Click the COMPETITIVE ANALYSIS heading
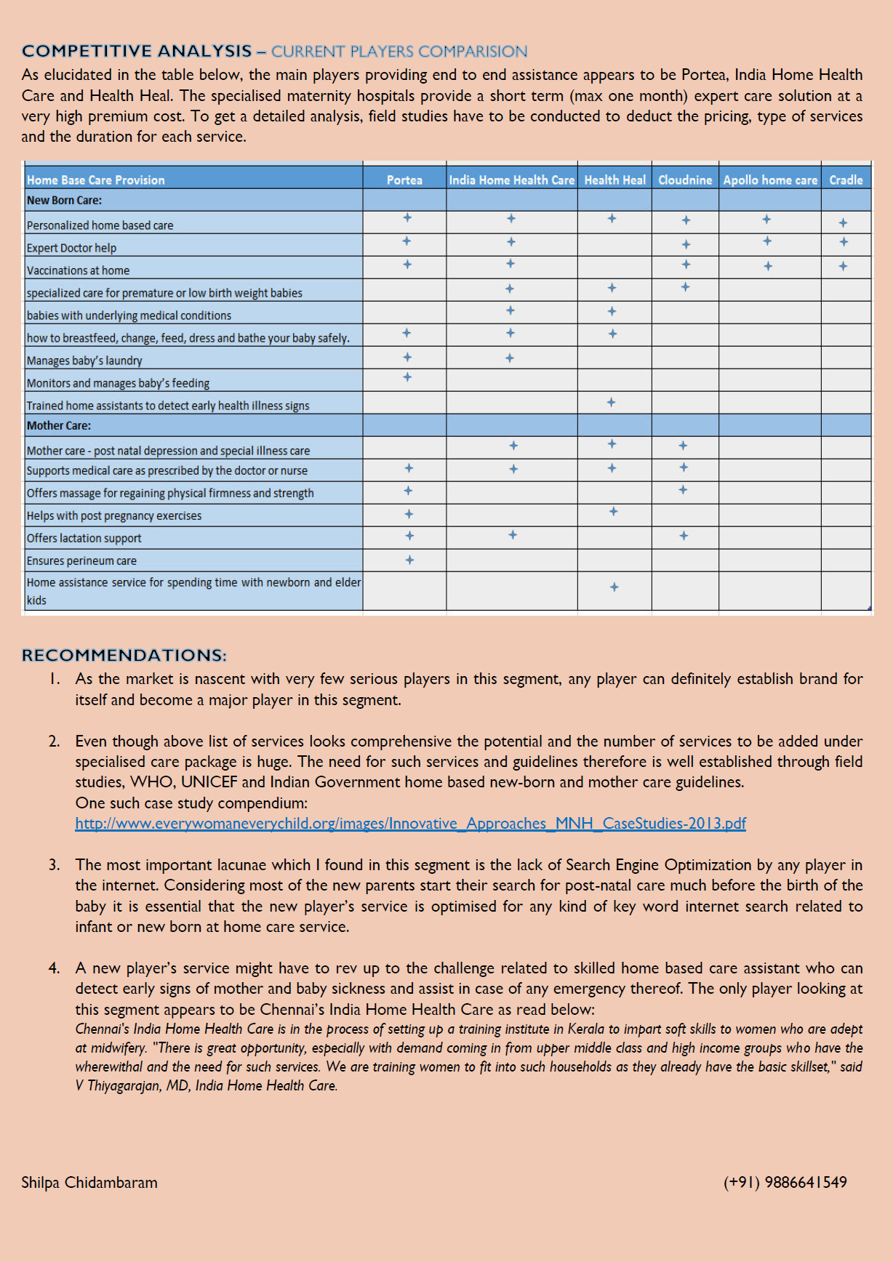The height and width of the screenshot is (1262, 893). pyautogui.click(x=137, y=51)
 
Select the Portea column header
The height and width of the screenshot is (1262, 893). pyautogui.click(x=404, y=180)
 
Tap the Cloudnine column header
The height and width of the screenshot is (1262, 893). pyautogui.click(x=685, y=180)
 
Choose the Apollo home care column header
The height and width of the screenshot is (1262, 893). pyautogui.click(x=770, y=180)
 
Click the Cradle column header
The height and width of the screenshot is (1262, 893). pyautogui.click(x=846, y=180)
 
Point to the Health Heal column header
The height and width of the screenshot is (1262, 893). pyautogui.click(x=614, y=180)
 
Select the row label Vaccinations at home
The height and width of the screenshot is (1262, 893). pyautogui.click(x=79, y=270)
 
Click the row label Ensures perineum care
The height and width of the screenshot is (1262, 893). pyautogui.click(x=81, y=560)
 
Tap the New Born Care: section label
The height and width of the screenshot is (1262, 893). pyautogui.click(x=64, y=200)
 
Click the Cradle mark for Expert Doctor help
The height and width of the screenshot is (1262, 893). pyautogui.click(x=844, y=242)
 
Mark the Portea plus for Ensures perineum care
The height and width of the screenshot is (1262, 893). pyautogui.click(x=409, y=560)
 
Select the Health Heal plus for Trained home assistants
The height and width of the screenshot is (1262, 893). pyautogui.click(x=611, y=402)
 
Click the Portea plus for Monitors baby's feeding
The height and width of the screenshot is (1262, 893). pyautogui.click(x=407, y=377)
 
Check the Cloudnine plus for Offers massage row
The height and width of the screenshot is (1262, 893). pyautogui.click(x=683, y=490)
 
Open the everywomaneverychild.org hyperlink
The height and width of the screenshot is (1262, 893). pyautogui.click(x=410, y=823)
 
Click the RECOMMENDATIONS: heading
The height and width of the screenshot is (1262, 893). pyautogui.click(x=124, y=655)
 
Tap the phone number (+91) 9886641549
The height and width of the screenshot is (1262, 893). pyautogui.click(x=785, y=1182)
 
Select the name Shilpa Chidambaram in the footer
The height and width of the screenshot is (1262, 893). pyautogui.click(x=89, y=1182)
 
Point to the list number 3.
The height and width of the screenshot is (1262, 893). pyautogui.click(x=55, y=864)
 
